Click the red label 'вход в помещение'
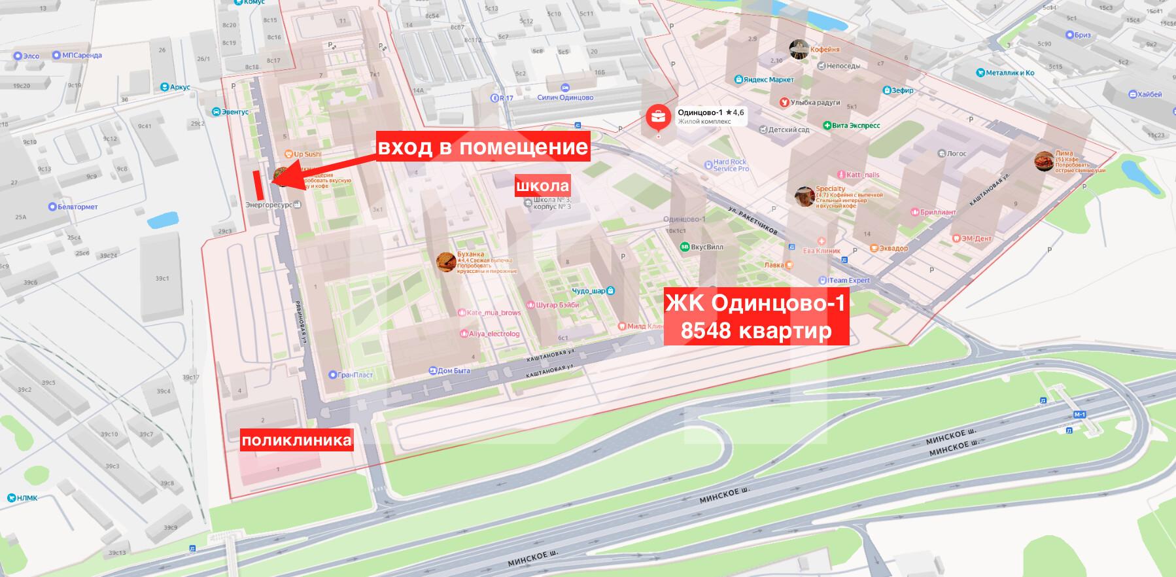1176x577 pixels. [x=483, y=147]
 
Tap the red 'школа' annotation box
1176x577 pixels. [x=542, y=185]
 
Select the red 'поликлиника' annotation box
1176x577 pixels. [x=296, y=440]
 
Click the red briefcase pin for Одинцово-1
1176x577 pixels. [x=659, y=118]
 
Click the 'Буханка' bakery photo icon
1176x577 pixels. [x=446, y=262]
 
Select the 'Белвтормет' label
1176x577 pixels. [x=77, y=207]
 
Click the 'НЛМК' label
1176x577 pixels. [x=27, y=498]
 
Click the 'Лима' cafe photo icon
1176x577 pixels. [x=1044, y=162]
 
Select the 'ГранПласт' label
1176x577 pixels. [x=355, y=375]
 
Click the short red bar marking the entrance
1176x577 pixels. [x=259, y=184]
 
